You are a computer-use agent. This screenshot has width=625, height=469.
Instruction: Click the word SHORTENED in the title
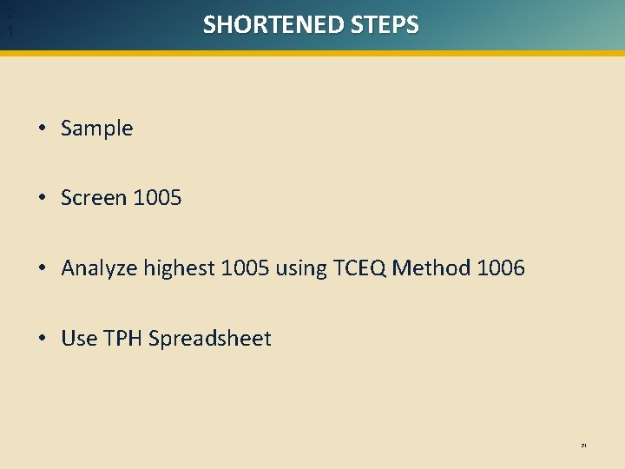(273, 24)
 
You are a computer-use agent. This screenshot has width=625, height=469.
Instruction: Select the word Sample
(97, 129)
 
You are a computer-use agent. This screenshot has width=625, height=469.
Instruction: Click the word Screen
(94, 198)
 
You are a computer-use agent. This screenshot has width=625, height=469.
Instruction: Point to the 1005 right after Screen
(157, 198)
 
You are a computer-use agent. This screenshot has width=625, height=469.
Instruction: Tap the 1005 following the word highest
(246, 268)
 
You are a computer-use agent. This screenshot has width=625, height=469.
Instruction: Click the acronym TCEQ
(359, 268)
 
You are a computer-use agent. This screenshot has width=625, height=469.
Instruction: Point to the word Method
(431, 268)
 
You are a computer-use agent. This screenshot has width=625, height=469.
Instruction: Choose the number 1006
(501, 268)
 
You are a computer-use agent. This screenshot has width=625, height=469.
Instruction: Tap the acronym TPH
(123, 339)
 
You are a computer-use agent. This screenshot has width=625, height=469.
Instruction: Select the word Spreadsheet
(210, 339)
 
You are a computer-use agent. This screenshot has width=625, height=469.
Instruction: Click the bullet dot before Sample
(43, 129)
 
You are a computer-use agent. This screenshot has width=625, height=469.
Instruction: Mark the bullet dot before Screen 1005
(43, 199)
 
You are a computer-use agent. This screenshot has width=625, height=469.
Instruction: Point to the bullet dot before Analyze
(43, 269)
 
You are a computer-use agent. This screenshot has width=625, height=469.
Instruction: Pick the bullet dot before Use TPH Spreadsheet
(43, 340)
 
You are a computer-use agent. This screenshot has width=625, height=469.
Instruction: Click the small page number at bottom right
(584, 446)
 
